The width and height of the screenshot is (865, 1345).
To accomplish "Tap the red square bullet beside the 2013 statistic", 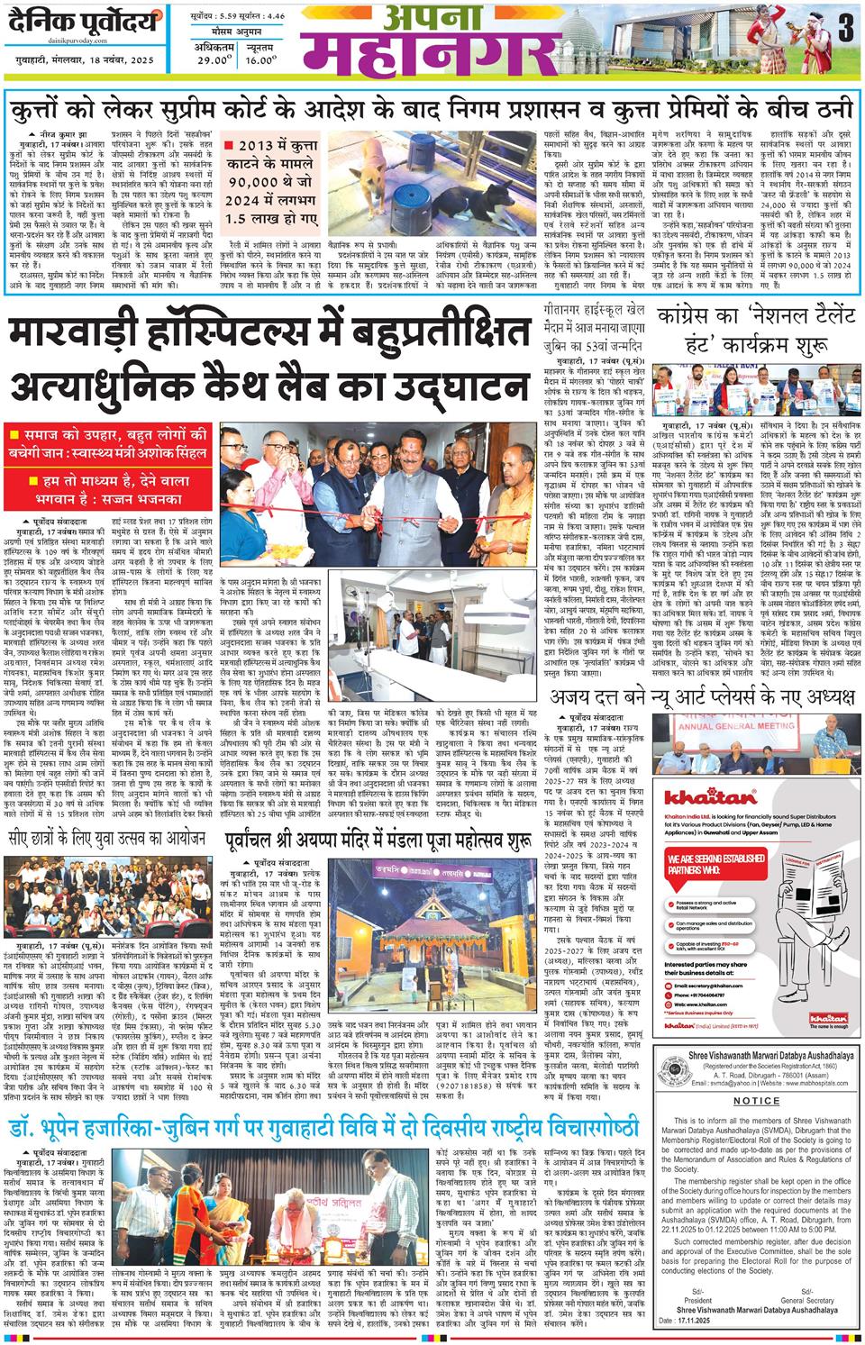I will point(230,144).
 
